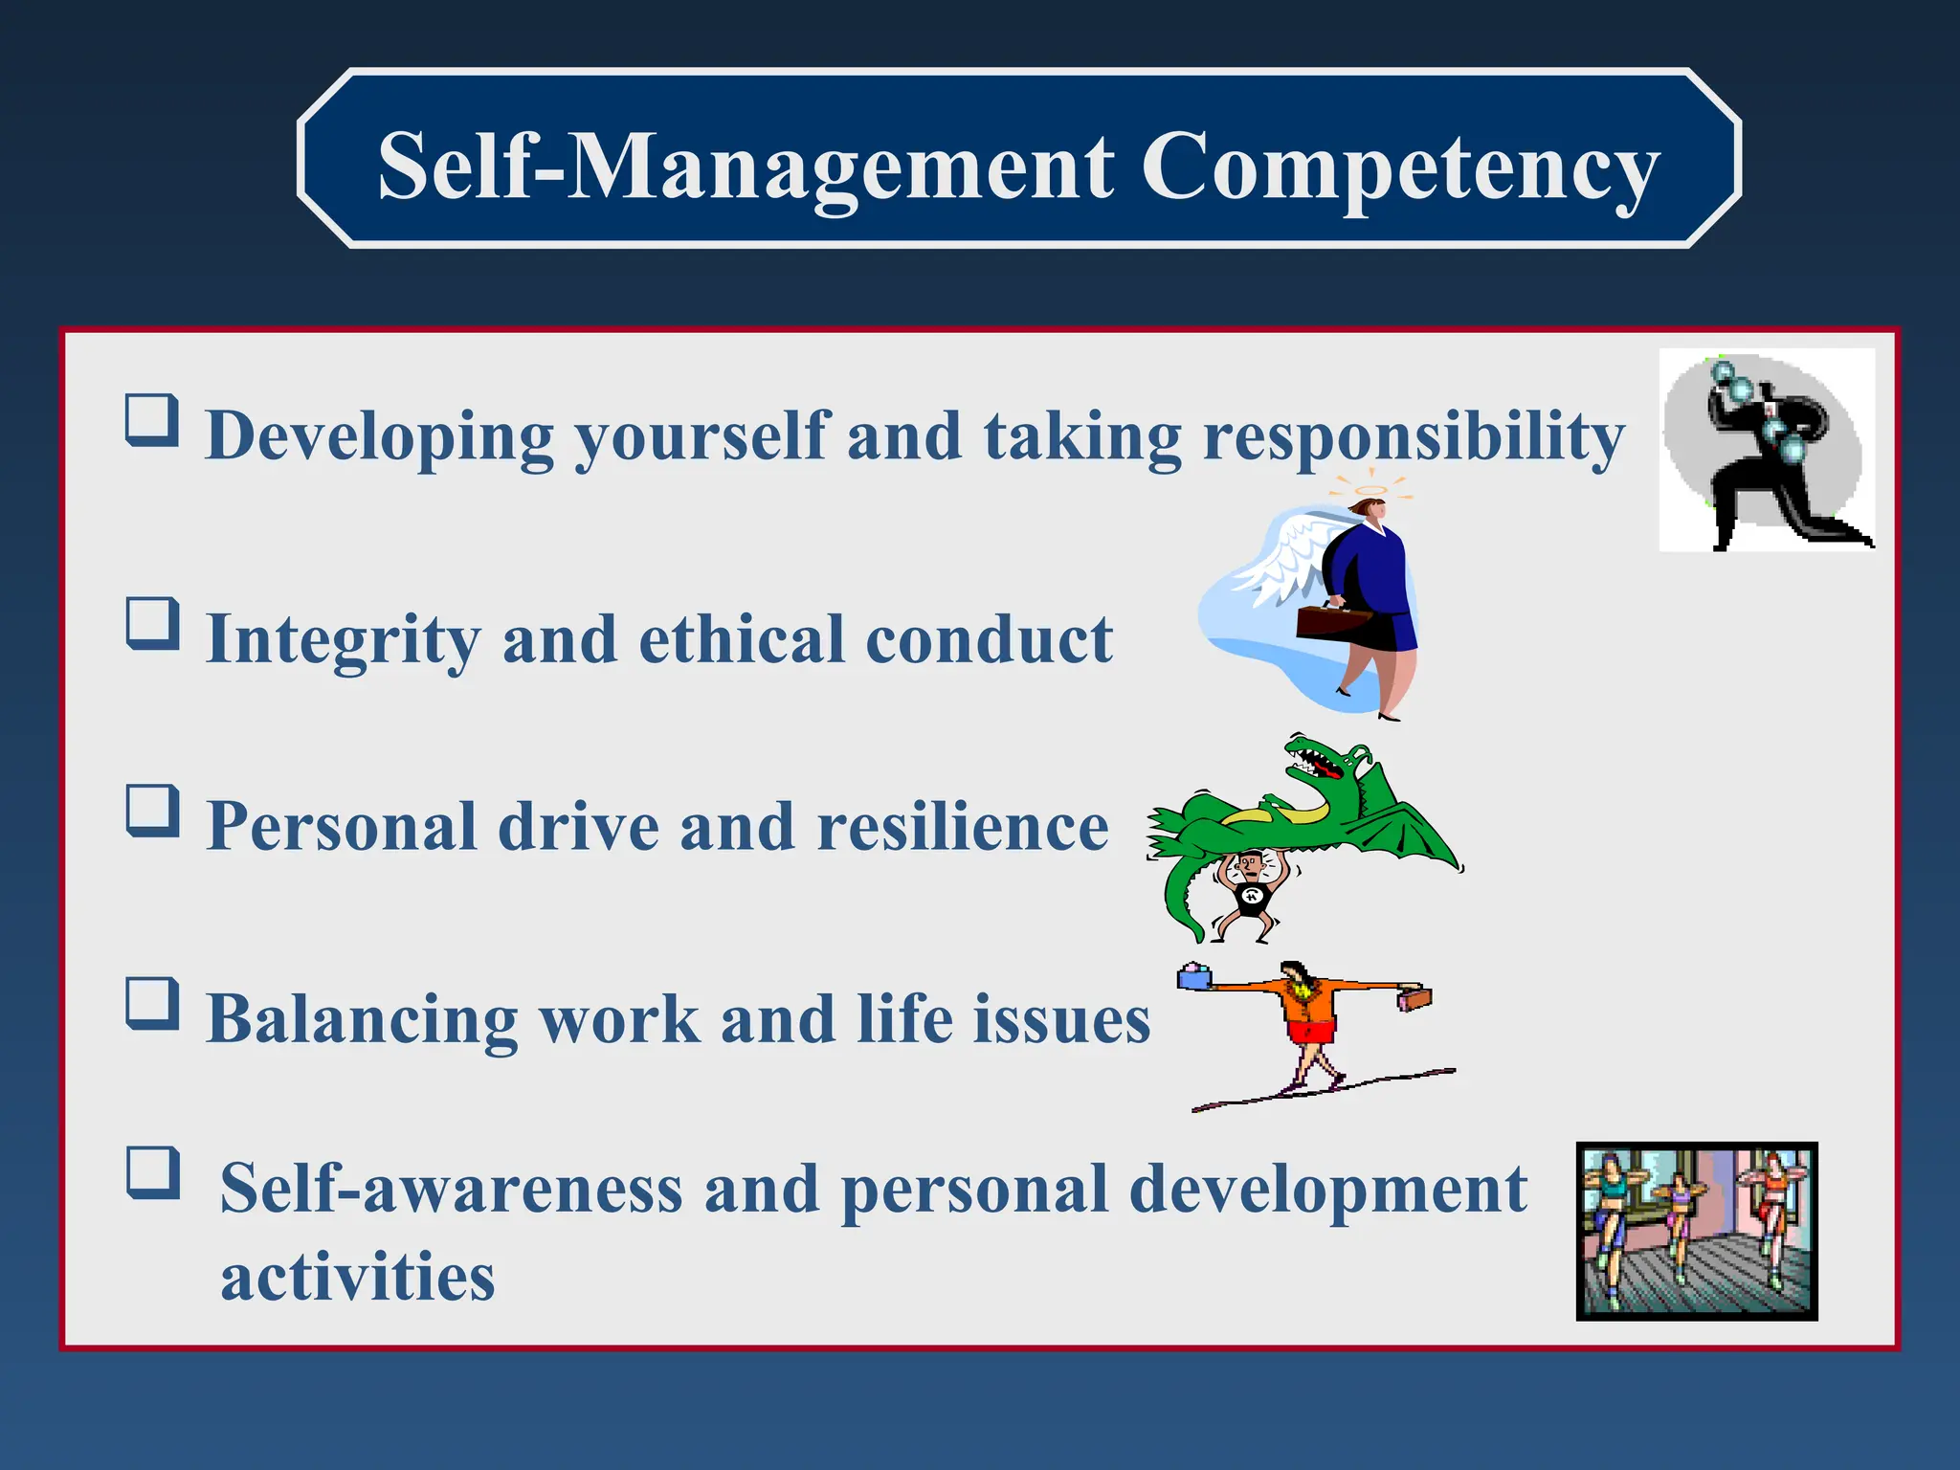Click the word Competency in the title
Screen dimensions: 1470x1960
(x=1399, y=167)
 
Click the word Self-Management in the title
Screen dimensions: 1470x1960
(x=746, y=167)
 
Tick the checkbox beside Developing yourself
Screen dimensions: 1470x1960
(x=153, y=420)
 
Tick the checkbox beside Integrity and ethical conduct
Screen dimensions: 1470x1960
(x=153, y=624)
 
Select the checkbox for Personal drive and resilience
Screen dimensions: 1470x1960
(x=153, y=812)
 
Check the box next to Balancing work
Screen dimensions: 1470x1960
(x=153, y=1003)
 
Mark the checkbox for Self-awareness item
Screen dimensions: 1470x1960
(x=153, y=1173)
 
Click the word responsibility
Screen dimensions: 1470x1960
(x=1413, y=436)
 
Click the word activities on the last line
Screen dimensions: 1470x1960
(x=357, y=1277)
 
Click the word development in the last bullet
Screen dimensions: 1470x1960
(x=1327, y=1190)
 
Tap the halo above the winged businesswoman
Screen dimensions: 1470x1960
(x=1371, y=491)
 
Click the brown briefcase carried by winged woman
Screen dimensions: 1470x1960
(x=1332, y=622)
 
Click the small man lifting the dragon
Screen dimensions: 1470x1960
(x=1248, y=895)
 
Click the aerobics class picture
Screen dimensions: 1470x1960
(x=1696, y=1231)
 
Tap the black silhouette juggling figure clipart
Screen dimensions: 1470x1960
(x=1766, y=450)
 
